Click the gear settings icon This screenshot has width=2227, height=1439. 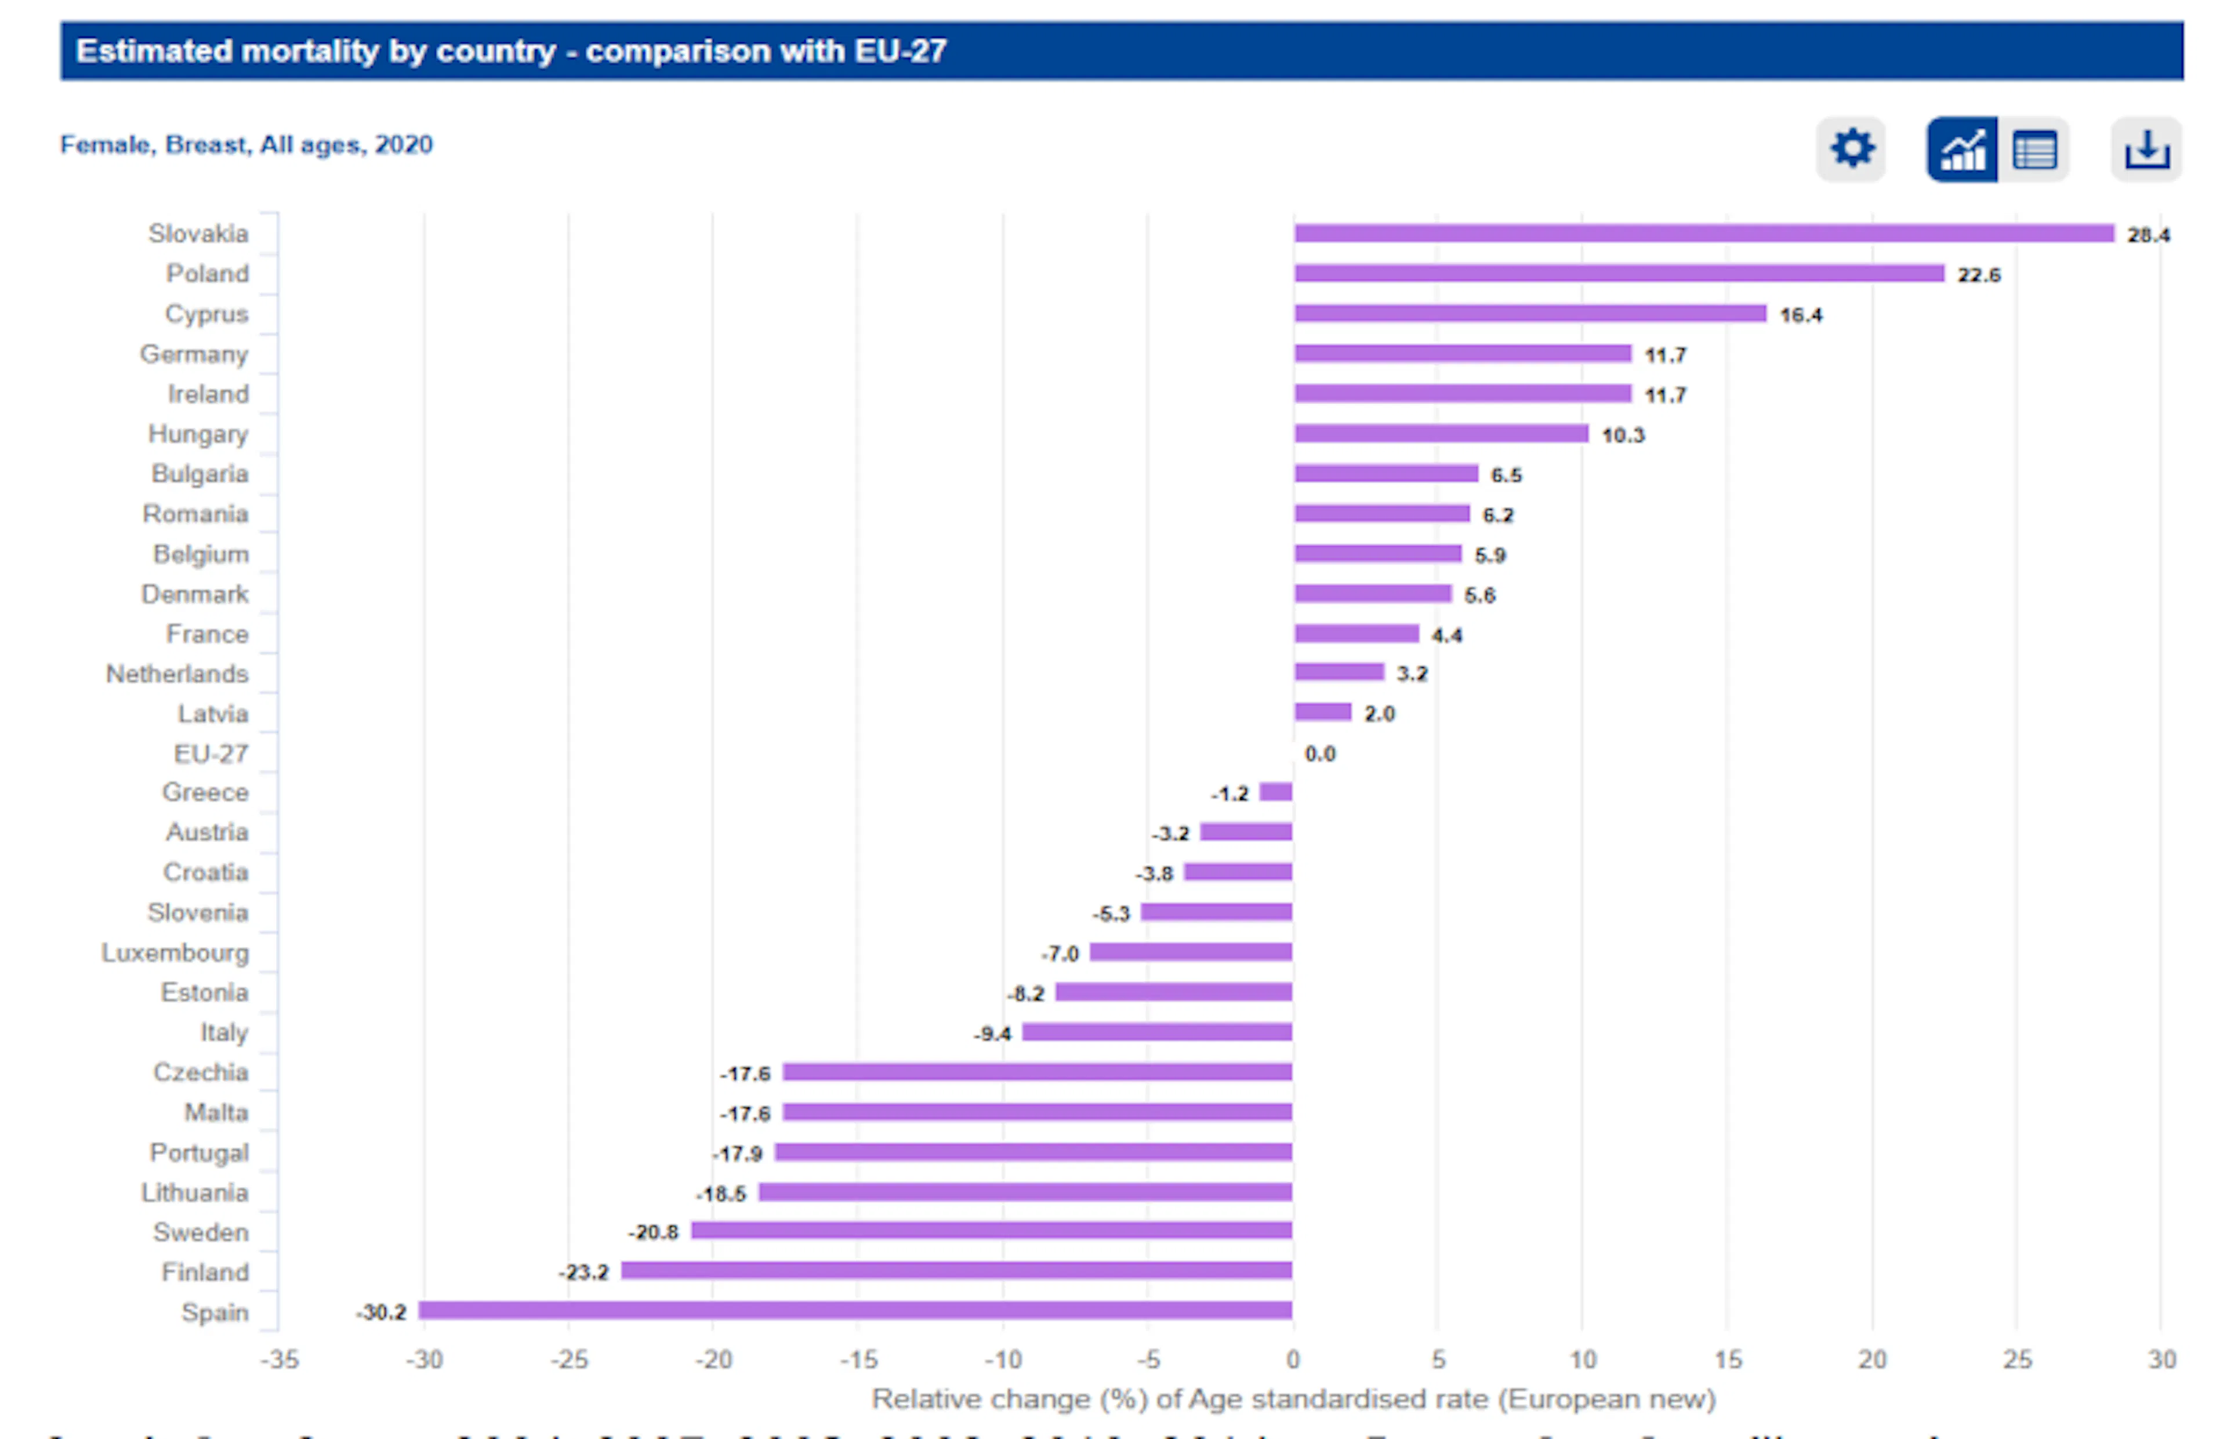1851,148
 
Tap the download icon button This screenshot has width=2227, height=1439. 2146,148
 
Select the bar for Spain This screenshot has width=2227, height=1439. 854,1310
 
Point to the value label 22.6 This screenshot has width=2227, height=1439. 1978,275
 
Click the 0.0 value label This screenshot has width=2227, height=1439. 1319,754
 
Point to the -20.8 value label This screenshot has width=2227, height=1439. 653,1233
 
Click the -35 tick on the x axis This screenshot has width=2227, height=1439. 280,1360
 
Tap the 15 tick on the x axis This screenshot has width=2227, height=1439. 1727,1360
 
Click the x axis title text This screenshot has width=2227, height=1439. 1293,1399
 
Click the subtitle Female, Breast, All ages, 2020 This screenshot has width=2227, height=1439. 246,145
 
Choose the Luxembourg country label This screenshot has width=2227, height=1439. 176,953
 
